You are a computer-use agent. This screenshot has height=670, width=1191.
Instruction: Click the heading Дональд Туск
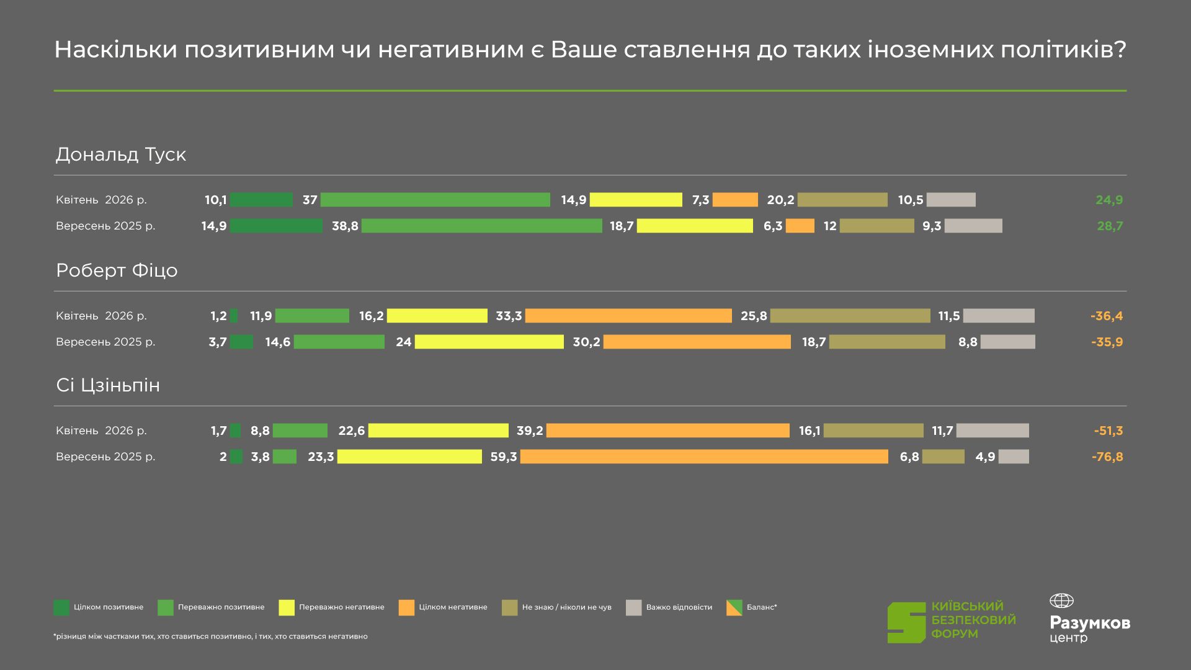point(121,154)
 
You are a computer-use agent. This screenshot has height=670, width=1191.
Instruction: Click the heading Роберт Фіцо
point(117,270)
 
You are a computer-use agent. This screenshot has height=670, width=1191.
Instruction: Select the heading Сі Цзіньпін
point(108,385)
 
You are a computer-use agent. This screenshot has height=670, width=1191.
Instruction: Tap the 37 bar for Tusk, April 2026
point(435,200)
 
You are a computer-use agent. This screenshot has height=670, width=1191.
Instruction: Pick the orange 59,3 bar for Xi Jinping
point(704,457)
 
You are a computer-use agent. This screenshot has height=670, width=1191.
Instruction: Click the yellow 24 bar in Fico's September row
point(489,342)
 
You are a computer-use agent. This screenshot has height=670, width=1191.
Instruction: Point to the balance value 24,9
point(1109,200)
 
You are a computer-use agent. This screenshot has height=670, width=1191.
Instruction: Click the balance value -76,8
point(1107,457)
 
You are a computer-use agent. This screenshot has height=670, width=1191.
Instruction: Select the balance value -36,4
point(1107,316)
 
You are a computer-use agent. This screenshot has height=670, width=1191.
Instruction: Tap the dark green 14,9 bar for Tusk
point(276,226)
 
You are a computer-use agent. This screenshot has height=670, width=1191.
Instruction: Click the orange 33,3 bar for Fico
point(628,316)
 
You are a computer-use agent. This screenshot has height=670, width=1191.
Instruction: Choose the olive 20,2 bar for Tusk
point(842,200)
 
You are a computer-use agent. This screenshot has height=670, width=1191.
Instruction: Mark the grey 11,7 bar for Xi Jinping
point(993,431)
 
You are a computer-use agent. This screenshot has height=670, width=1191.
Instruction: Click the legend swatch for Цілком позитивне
point(62,607)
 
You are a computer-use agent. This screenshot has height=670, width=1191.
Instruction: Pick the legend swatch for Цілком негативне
point(406,607)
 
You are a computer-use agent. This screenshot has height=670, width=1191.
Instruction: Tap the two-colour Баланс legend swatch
point(734,607)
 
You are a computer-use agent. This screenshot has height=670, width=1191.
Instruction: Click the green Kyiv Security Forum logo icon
point(906,622)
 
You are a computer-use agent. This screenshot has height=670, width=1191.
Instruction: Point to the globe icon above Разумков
point(1061,601)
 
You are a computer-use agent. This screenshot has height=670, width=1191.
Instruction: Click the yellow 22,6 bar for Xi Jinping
point(438,431)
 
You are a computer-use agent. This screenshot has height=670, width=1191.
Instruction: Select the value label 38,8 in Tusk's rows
point(345,226)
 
